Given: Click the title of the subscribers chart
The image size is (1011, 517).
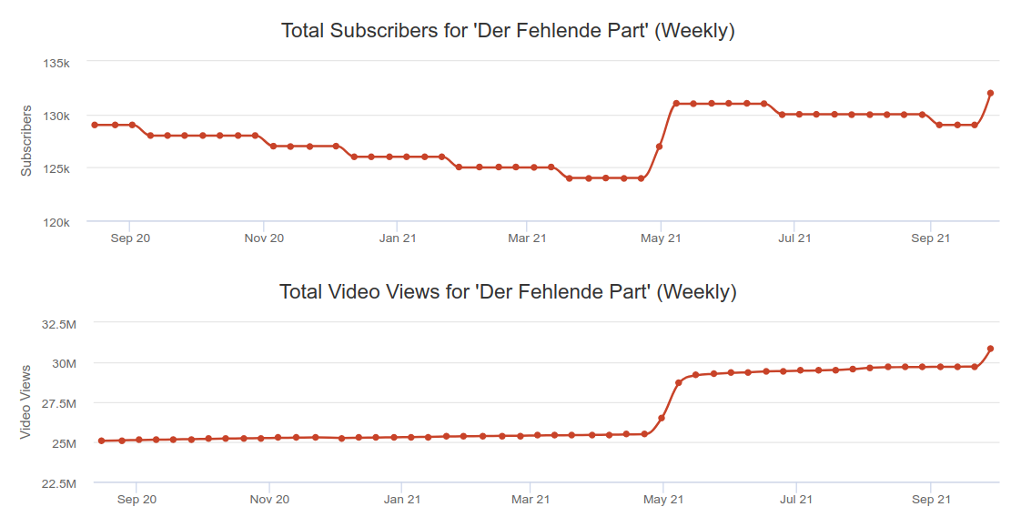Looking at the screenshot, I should click(508, 30).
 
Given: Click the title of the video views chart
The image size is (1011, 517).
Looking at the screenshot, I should click(508, 292).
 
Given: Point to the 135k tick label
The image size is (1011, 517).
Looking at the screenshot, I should click(56, 63).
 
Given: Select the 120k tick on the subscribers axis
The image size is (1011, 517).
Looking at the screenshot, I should click(56, 221).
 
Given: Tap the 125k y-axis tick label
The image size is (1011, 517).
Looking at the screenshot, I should click(56, 168).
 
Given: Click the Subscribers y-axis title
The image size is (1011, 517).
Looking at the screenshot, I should click(26, 141).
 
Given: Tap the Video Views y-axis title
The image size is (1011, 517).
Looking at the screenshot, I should click(26, 401).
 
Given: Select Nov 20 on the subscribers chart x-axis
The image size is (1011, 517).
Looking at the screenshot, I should click(264, 238).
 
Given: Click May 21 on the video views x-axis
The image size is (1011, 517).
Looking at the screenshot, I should click(662, 500).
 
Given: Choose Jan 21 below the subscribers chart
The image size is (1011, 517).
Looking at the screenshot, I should click(397, 238).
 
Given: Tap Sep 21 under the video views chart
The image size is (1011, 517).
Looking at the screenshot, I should click(931, 500).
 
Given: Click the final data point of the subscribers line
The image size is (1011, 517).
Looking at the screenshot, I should click(990, 93).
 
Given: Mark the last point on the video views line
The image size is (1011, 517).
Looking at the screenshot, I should click(990, 349).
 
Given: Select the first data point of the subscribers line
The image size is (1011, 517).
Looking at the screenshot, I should click(95, 125).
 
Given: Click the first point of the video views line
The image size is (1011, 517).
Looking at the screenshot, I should click(101, 441).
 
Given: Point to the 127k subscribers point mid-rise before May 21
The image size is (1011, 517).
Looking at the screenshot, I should click(659, 147).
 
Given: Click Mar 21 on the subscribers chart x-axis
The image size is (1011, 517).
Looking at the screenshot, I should click(528, 238).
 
